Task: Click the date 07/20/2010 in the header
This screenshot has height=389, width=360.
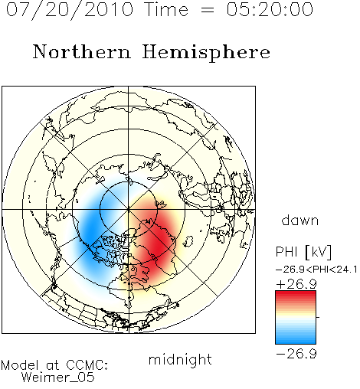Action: pos(70,10)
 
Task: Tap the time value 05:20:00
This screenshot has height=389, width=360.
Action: pos(270,10)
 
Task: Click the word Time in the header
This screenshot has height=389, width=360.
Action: pos(166,10)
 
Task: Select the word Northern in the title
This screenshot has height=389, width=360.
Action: pos(82,51)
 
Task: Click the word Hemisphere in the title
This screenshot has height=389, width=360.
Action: pos(206,53)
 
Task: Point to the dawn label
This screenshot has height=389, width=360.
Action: pos(299,221)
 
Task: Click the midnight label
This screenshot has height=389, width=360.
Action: pos(180,359)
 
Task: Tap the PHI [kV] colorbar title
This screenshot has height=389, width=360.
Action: pos(303,252)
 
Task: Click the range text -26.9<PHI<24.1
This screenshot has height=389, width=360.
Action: pos(316,270)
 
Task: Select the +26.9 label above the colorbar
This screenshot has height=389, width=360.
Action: pos(296,284)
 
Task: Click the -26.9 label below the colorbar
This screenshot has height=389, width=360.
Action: pos(296,354)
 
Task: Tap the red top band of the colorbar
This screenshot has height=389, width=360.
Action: pos(296,294)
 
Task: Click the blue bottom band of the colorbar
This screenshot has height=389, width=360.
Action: pos(296,341)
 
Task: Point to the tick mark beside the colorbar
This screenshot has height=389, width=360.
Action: pos(318,317)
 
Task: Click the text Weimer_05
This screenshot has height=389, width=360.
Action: pos(58,378)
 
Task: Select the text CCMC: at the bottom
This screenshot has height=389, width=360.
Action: pos(87,365)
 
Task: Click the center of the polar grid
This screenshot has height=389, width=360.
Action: pos(128,210)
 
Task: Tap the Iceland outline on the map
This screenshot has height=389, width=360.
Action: pos(188,241)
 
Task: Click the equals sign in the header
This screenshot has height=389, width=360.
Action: pos(208,10)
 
